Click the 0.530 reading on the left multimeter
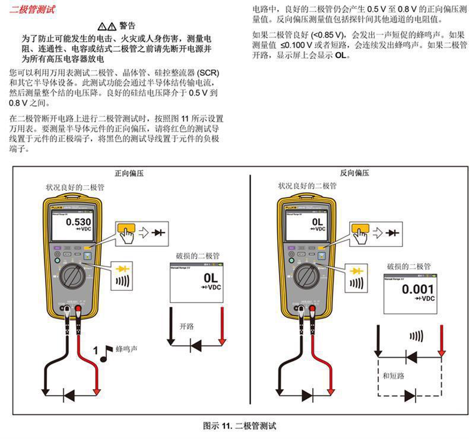click(78, 222)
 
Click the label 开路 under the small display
click(186, 325)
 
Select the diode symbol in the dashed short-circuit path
click(410, 395)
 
